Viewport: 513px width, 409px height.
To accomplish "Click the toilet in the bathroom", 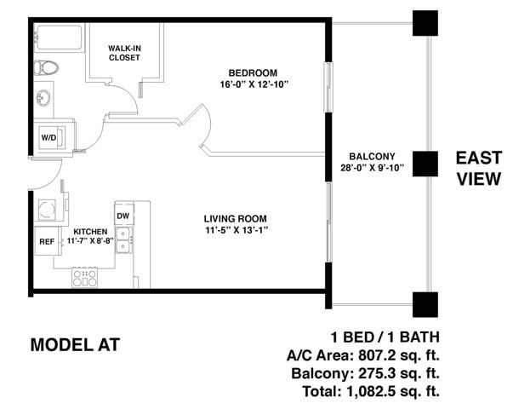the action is coord(46,68).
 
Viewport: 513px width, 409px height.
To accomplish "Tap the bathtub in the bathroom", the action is coord(59,37).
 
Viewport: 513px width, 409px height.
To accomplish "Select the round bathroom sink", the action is coord(43,97).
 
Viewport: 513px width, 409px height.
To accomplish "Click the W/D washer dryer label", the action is coord(48,138).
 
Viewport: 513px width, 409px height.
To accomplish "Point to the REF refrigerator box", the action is coord(48,241).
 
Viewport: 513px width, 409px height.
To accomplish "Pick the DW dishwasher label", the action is coord(123,216).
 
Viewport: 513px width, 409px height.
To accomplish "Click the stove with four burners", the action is coord(85,278).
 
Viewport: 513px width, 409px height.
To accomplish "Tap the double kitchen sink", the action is coord(123,240).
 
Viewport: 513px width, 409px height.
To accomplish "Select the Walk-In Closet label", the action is coord(124,53).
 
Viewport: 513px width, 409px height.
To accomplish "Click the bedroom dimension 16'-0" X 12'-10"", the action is coord(254,84).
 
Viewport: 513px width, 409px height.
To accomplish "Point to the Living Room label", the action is coord(236,219).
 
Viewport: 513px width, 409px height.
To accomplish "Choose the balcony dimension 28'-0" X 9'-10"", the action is coord(372,168).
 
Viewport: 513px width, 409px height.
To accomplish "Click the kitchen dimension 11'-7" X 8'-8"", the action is coord(90,241).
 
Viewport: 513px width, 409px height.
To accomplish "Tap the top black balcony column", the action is coord(425,23).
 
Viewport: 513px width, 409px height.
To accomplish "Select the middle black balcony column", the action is coord(425,164).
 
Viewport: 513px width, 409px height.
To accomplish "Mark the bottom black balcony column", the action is coord(425,304).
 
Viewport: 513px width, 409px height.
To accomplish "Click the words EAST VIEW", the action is coord(479,169).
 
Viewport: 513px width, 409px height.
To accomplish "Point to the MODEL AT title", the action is coord(75,345).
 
